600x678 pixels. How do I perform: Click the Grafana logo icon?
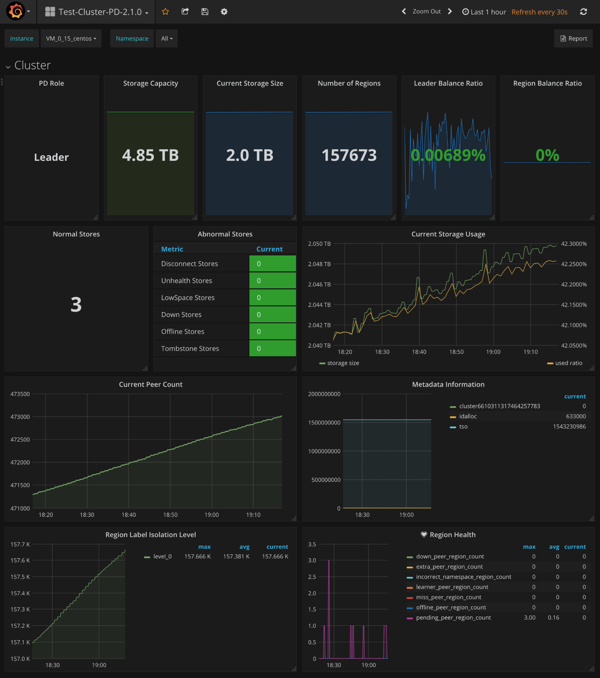16,11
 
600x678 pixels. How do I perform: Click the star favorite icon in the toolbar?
165,12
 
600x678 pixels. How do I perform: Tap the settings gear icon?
224,12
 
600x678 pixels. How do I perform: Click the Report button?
573,38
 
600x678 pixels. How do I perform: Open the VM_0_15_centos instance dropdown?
71,38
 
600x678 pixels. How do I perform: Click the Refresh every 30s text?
539,12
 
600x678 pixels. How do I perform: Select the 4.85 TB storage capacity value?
150,155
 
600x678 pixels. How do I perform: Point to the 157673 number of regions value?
349,155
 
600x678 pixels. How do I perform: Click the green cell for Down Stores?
272,314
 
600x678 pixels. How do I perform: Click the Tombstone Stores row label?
190,349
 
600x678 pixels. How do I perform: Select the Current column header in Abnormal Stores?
269,249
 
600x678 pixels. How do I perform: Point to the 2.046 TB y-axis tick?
319,284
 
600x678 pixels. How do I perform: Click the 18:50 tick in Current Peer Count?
170,515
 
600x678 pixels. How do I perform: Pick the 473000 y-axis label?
20,417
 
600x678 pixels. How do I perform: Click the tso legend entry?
463,427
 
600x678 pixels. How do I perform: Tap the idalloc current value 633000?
575,416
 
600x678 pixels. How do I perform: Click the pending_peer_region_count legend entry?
453,618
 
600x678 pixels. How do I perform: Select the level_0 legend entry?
162,556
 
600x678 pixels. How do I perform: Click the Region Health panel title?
452,535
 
